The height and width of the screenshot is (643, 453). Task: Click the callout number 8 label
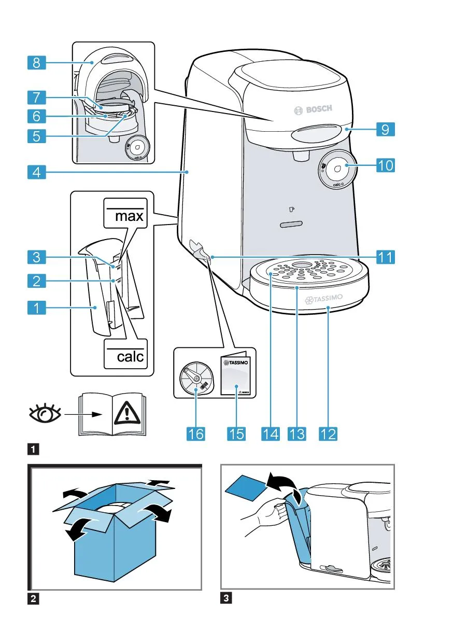(x=36, y=63)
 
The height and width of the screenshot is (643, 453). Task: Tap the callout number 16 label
(x=195, y=433)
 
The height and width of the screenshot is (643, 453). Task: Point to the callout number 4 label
(x=36, y=171)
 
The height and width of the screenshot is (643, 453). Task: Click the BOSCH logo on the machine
(x=313, y=109)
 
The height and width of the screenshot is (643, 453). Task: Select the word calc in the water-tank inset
(x=125, y=356)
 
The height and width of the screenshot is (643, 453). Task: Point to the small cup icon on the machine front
(x=291, y=209)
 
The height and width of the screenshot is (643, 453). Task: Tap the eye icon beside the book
(x=46, y=413)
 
